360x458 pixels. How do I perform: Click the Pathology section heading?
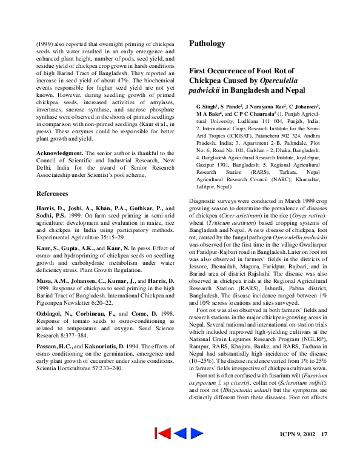[207, 44]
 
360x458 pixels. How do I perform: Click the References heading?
[53, 193]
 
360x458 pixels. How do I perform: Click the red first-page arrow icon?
[162, 433]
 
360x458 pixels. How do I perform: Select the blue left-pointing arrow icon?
[180, 433]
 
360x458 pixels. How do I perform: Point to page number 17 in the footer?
[324, 434]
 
